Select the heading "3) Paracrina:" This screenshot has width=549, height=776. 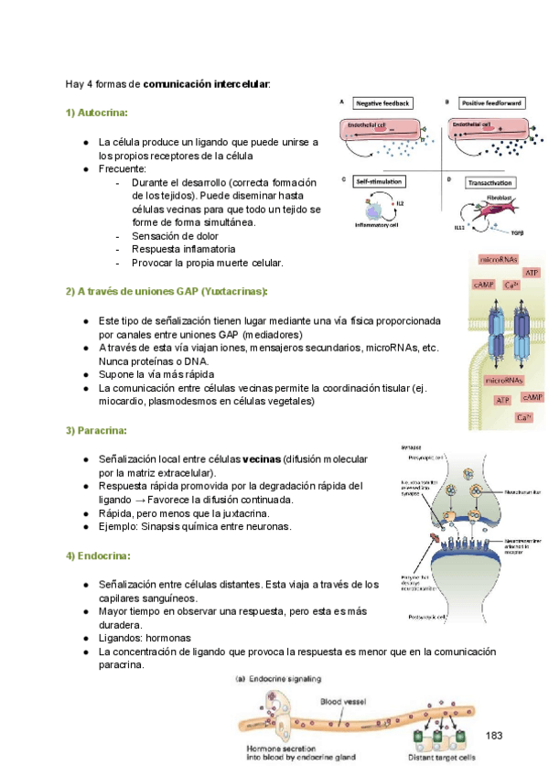click(96, 430)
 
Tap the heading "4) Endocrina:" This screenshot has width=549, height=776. click(98, 555)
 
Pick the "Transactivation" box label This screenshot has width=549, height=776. click(490, 182)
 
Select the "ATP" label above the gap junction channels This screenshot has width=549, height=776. click(531, 273)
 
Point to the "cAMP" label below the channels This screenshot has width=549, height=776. click(532, 397)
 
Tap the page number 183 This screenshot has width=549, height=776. click(495, 736)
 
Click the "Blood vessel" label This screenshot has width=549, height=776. click(347, 702)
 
